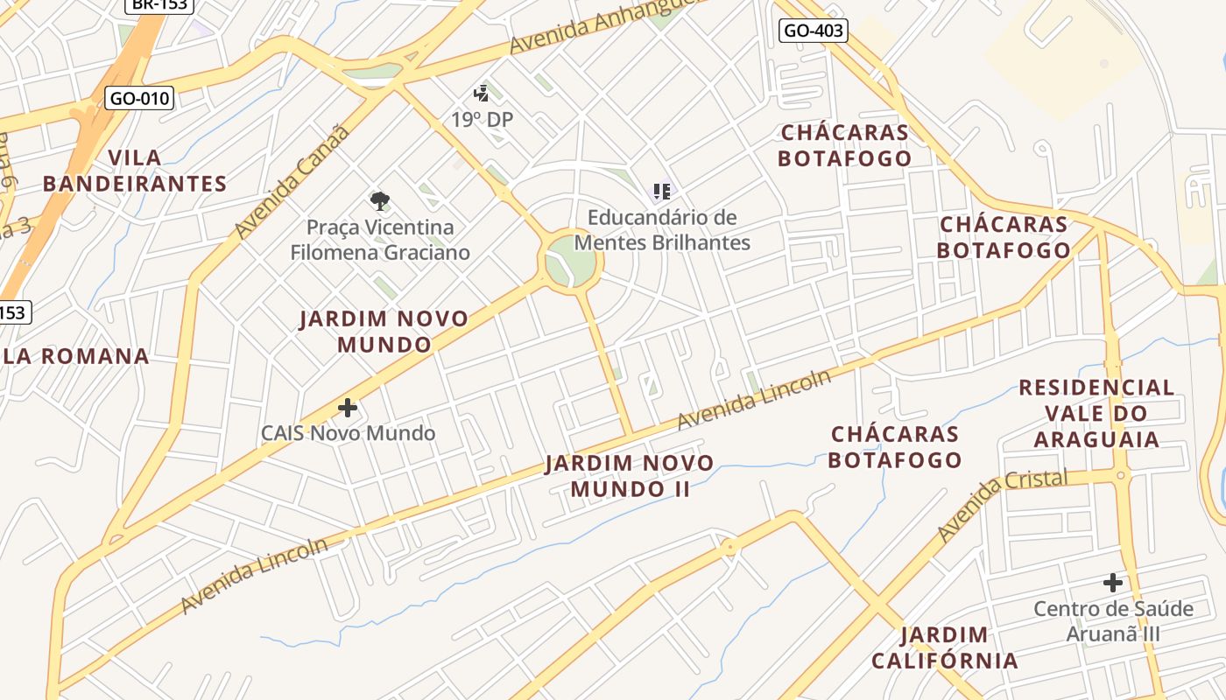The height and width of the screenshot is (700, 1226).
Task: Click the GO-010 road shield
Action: point(139,98)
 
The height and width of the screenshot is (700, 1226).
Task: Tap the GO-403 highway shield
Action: point(813,31)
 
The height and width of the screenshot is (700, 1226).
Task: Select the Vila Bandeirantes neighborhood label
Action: point(135,171)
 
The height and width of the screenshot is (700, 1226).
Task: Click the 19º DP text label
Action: point(482,119)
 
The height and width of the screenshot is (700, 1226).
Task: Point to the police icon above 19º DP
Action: point(481,93)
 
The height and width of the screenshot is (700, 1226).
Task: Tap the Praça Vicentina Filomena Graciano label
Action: point(380,240)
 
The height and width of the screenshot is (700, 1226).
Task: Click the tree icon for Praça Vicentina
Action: point(379,201)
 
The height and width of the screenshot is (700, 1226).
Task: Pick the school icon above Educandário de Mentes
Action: point(662,191)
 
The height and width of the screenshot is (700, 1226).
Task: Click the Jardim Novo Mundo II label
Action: point(630,475)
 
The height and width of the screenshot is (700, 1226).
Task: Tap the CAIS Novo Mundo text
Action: point(348,433)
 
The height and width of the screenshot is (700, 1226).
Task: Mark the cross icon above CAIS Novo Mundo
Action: point(348,407)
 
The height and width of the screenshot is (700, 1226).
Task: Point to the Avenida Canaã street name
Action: point(292,183)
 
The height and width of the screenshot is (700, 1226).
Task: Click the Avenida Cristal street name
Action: point(1001,505)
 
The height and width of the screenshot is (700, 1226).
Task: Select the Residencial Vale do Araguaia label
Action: point(1096,412)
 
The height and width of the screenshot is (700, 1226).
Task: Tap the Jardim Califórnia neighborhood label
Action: point(945,647)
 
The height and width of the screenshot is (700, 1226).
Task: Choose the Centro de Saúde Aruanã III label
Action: point(1113,620)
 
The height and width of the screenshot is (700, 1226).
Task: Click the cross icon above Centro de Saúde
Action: point(1112,582)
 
